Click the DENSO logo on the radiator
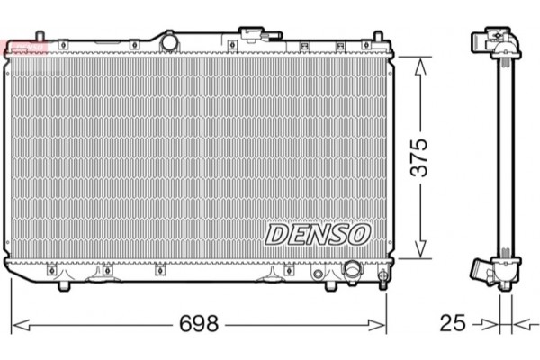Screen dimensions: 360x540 tap(317, 234)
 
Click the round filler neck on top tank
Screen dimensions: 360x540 tap(167, 40)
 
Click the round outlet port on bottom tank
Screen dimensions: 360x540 tap(352, 269)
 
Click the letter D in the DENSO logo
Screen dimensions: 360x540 tap(275, 234)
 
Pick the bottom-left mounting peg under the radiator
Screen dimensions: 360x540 tap(66, 284)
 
